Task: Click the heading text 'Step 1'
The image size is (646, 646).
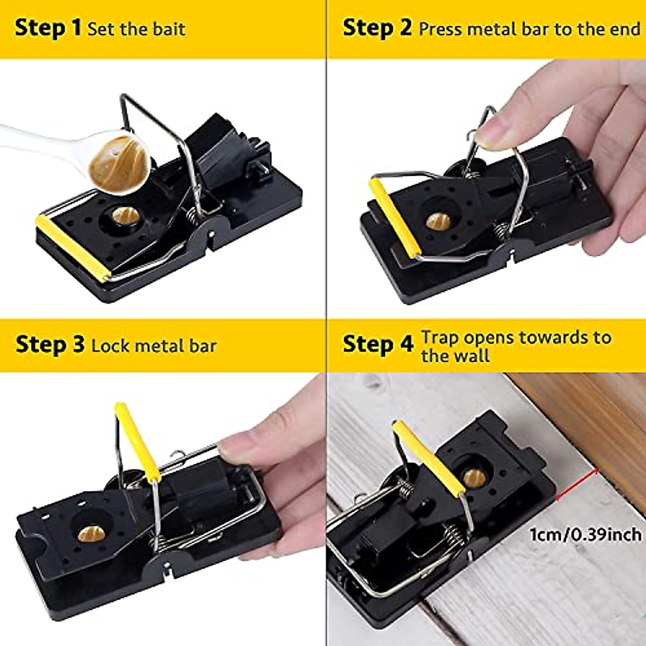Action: coord(47,28)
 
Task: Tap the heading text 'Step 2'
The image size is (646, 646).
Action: coord(377,28)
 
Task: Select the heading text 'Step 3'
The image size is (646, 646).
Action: coord(50,345)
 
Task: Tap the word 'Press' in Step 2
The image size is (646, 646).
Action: coord(440,29)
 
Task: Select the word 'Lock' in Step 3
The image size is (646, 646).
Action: coord(110,345)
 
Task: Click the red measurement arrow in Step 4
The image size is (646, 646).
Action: coord(575,484)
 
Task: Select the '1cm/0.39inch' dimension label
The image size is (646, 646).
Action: coord(586,534)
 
